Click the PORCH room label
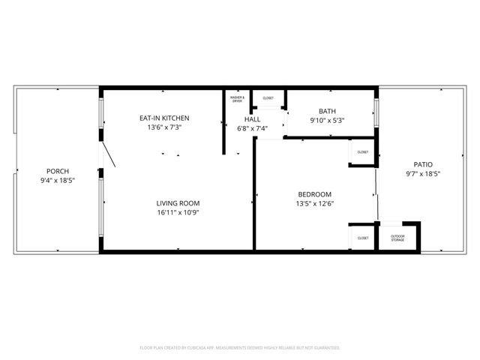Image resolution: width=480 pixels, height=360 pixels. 57,171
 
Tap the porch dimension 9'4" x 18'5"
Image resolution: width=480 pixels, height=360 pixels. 57,181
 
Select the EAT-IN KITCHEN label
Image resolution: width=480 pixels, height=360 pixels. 164,118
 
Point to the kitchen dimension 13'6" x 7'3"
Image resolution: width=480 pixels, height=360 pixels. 164,127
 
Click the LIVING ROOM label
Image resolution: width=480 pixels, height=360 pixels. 178,202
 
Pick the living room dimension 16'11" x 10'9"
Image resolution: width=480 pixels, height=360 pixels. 178,212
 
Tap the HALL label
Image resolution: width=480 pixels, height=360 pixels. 252,118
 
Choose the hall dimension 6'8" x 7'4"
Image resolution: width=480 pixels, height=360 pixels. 252,128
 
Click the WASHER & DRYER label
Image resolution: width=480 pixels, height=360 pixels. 237,99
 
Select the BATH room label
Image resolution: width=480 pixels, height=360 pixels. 327,111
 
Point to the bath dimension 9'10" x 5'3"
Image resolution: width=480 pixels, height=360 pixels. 327,120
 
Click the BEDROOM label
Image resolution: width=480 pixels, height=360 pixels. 315,194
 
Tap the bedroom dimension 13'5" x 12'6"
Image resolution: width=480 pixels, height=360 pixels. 315,203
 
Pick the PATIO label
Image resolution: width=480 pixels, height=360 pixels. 423,164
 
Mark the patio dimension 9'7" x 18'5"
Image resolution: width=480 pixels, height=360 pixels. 423,174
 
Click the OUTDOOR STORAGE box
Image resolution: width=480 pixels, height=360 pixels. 398,238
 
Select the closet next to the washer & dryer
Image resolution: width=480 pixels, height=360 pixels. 268,98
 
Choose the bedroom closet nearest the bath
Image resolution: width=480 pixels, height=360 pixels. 362,152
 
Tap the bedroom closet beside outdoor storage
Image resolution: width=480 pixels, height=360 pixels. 362,238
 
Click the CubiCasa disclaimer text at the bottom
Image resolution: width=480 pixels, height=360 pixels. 240,348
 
